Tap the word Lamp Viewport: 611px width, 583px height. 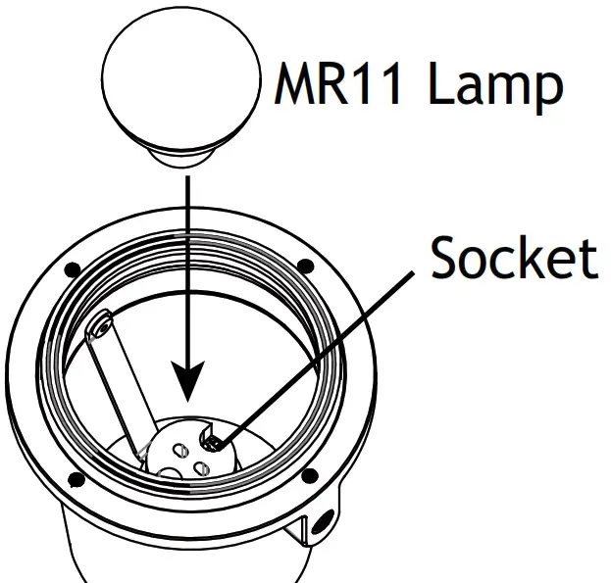point(495,86)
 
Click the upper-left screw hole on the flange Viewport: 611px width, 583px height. point(72,268)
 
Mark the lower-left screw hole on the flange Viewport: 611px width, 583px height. point(75,478)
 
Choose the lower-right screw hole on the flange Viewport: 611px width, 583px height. point(310,476)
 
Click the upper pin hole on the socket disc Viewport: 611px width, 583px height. point(180,448)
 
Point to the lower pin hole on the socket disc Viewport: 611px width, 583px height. point(201,469)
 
